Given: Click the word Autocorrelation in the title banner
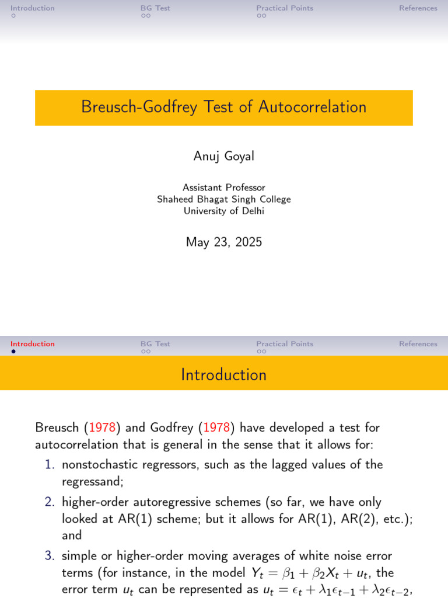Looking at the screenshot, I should point(312,107).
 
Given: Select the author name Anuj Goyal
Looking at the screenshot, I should point(224,156).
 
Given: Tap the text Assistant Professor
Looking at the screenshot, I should point(224,187).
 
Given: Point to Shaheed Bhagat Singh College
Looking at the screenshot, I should point(224,199).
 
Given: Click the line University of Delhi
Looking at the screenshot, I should point(224,211).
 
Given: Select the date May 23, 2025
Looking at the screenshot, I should point(224,242).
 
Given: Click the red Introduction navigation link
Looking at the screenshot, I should point(33,344).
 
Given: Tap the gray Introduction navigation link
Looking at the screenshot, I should point(33,8).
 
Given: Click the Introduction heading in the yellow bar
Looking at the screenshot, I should point(224,375).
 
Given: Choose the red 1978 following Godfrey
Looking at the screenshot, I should point(218,428).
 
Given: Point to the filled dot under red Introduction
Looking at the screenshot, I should point(13,352).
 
